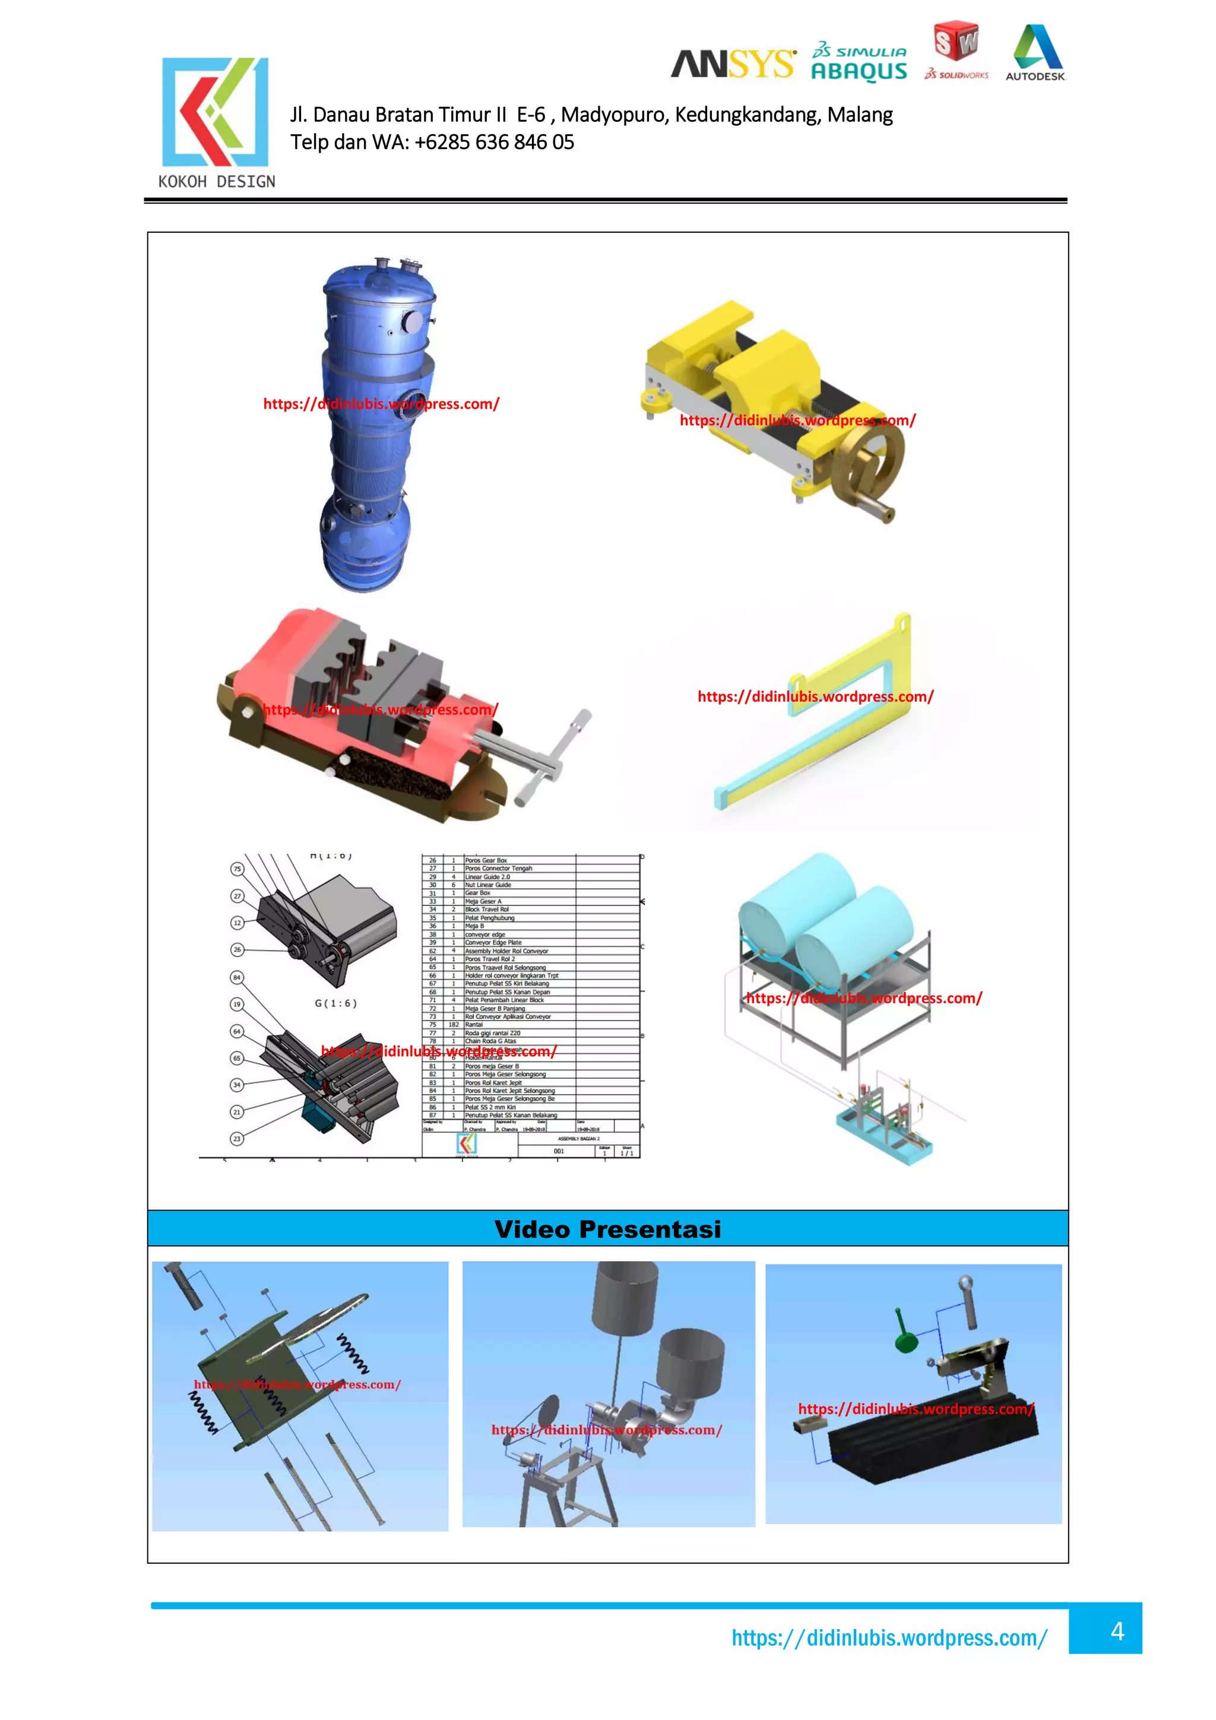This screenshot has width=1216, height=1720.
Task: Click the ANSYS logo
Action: (732, 65)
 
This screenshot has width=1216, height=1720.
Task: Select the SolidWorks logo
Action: (956, 51)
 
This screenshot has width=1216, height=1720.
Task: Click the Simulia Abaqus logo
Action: (859, 62)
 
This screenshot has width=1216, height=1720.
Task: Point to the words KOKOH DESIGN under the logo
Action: (217, 181)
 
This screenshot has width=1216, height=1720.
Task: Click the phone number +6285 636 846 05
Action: (494, 142)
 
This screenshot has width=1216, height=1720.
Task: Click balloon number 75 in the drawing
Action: (237, 869)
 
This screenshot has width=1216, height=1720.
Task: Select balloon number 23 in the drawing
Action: (237, 1138)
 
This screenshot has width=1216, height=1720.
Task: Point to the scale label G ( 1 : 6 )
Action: (335, 1003)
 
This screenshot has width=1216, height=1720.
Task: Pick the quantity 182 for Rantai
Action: (453, 1024)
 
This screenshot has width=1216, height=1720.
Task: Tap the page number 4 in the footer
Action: (1116, 1631)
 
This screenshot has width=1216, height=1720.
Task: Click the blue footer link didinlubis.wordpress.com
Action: (889, 1638)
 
